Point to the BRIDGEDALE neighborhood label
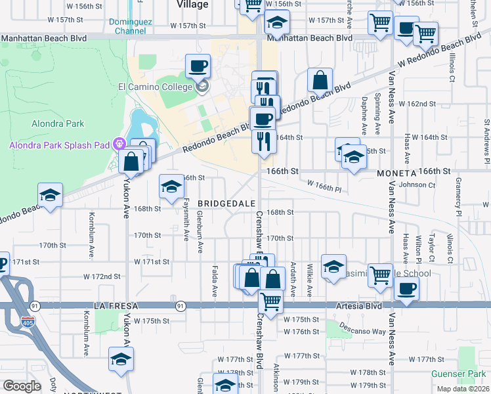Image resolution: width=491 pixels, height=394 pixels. pos(226,204)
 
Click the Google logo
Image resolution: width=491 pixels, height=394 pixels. pos(22,386)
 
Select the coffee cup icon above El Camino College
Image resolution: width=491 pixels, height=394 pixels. pos(198,66)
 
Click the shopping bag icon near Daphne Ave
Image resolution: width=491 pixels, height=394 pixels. pos(320,81)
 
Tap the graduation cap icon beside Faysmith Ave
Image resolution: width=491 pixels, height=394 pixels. pos(171,187)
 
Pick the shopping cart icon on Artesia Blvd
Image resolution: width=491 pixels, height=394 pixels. pos(270,301)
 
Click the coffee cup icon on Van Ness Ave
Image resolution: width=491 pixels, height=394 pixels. pos(407,288)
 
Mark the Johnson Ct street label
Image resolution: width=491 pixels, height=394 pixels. pos(417,185)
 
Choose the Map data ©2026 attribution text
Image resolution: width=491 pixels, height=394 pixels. pos(462,389)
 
